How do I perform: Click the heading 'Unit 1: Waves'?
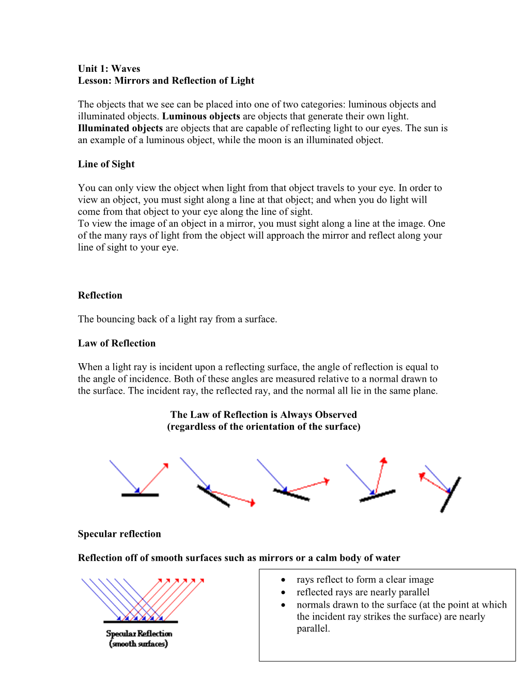coord(109,69)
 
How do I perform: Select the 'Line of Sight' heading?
coord(106,164)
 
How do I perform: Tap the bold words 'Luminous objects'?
coord(201,116)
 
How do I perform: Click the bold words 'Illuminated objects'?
coord(120,128)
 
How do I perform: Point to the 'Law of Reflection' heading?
coord(116,343)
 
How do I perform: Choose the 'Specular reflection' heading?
coord(119,534)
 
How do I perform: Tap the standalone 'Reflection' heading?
coord(100,296)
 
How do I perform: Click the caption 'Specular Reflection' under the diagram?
coord(139,633)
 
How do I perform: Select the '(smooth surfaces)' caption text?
coord(138,644)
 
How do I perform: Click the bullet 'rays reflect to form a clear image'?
coord(365,580)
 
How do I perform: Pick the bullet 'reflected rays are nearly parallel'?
coord(363,592)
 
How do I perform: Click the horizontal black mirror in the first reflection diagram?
coord(140,495)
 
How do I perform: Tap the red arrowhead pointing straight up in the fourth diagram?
coord(383,460)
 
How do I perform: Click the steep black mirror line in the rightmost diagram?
coord(451,494)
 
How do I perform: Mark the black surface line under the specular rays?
coord(141,622)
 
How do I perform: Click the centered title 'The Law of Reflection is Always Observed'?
coord(263,414)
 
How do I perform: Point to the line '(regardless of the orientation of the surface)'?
coord(263,427)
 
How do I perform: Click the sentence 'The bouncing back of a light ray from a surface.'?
coord(177,319)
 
